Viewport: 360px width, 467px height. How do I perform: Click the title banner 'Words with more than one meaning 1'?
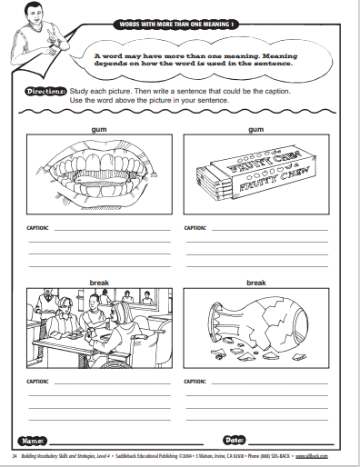(x=176, y=25)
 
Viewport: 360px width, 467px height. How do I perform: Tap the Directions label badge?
(x=45, y=91)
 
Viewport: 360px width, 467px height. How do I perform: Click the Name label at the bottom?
(x=33, y=441)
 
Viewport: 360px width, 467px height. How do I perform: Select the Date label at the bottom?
(x=235, y=440)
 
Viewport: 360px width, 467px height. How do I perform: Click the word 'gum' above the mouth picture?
(x=99, y=130)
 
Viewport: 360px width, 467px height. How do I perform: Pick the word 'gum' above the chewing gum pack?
(x=256, y=130)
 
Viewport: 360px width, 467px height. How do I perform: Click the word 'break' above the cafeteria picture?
(x=99, y=283)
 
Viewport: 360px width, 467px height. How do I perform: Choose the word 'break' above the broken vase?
(x=256, y=283)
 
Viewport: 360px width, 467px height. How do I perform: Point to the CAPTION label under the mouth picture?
(x=37, y=228)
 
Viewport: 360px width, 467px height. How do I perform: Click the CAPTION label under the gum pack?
(x=195, y=228)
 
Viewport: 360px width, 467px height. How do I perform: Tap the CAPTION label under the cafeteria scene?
(x=37, y=382)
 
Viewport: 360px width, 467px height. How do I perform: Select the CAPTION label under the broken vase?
(x=195, y=382)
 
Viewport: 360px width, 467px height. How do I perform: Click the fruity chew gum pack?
(x=256, y=173)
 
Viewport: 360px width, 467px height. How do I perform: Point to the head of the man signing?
(x=34, y=14)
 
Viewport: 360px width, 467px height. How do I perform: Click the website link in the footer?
(x=312, y=456)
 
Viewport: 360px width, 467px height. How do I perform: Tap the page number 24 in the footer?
(x=15, y=456)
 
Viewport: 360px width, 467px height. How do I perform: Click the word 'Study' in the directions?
(x=78, y=91)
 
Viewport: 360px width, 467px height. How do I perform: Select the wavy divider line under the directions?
(x=177, y=112)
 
